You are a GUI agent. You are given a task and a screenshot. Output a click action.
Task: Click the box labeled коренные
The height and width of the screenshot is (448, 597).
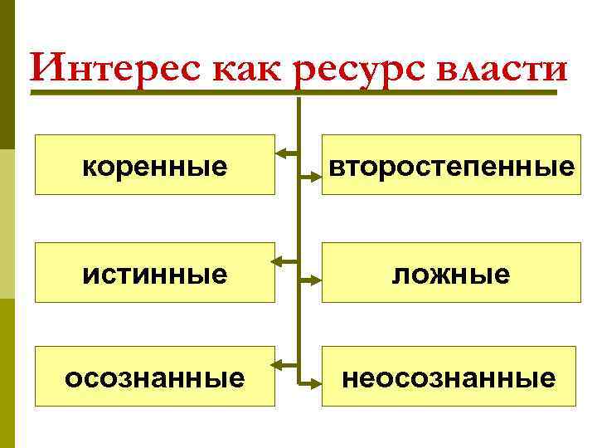[x=155, y=165]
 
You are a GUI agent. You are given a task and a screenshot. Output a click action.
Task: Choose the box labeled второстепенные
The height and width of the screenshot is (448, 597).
[x=451, y=165]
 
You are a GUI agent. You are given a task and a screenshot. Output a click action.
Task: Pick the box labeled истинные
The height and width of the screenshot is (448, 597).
[x=155, y=272]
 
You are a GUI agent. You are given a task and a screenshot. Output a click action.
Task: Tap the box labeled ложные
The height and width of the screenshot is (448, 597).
[x=451, y=272]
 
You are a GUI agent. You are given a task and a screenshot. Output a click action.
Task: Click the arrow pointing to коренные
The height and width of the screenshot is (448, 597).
[x=286, y=153]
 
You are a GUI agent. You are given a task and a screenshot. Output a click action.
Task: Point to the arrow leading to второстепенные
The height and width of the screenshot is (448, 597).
[x=309, y=177]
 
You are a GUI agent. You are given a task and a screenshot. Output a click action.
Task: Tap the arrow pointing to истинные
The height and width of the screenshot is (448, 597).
[x=286, y=261]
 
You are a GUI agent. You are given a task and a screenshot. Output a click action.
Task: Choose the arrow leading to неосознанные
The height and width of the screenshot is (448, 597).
[x=309, y=384]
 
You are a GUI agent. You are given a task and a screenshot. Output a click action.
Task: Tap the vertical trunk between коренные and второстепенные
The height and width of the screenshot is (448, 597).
[x=298, y=165]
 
